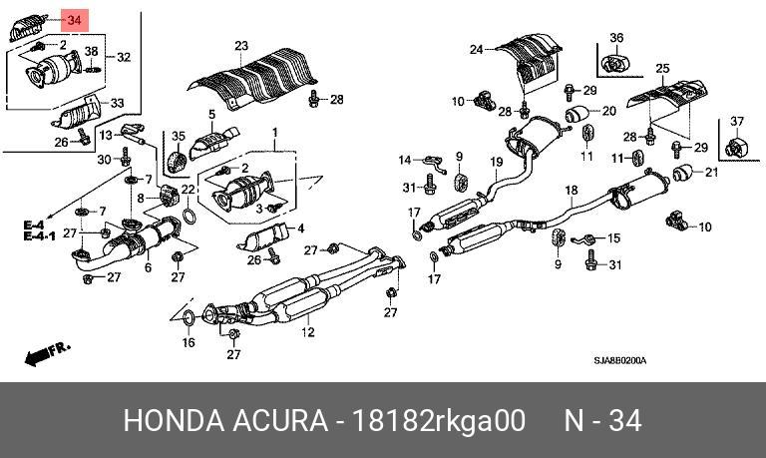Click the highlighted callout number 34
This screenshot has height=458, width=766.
click(x=74, y=21)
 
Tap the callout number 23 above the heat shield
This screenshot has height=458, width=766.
click(x=241, y=46)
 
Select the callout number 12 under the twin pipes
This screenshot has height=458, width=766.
click(x=308, y=333)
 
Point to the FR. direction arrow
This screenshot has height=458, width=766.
click(x=48, y=353)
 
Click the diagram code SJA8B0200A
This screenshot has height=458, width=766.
click(x=620, y=361)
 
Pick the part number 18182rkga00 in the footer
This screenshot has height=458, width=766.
click(x=439, y=421)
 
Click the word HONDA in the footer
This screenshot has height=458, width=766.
click(x=174, y=421)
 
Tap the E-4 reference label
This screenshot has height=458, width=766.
click(x=34, y=226)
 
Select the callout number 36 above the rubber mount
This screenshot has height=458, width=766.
click(x=616, y=38)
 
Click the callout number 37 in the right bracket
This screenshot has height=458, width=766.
click(x=737, y=121)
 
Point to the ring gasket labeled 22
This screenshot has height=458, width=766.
click(x=190, y=217)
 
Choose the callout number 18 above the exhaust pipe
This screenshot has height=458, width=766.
click(x=572, y=191)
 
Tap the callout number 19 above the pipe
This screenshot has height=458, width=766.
click(x=497, y=162)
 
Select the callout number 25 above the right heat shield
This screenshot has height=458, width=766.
click(x=662, y=69)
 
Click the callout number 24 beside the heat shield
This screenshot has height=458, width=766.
click(x=477, y=49)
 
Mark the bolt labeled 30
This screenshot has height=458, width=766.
click(x=125, y=157)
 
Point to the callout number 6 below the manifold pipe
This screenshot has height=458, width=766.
click(x=148, y=267)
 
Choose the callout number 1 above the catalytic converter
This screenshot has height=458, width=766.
click(x=275, y=133)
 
